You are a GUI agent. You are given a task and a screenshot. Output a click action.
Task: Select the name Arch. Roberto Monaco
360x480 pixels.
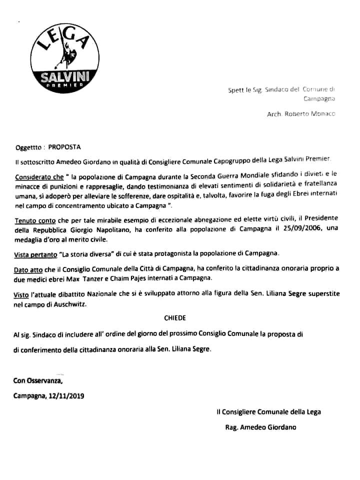(x=301, y=114)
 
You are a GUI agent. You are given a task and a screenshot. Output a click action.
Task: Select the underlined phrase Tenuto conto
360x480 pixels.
(x=33, y=219)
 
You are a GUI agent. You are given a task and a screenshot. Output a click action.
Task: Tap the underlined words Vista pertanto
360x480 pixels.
(x=35, y=254)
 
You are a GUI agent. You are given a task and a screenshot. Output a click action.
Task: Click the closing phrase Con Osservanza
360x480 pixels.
(x=38, y=381)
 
